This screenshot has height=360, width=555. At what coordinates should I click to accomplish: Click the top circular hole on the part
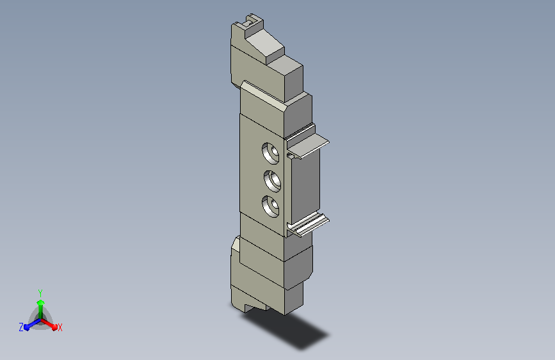coord(270,153)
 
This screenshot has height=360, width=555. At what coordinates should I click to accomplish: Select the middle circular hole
coord(272,181)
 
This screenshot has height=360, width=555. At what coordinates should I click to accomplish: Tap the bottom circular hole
coord(270,206)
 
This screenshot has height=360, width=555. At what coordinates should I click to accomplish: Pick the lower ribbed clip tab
coord(309,225)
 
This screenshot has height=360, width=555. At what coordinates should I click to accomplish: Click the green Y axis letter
coord(40,293)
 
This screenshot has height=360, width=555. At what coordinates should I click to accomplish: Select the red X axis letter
coord(60,328)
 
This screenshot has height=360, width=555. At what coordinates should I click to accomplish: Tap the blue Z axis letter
coord(21,327)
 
